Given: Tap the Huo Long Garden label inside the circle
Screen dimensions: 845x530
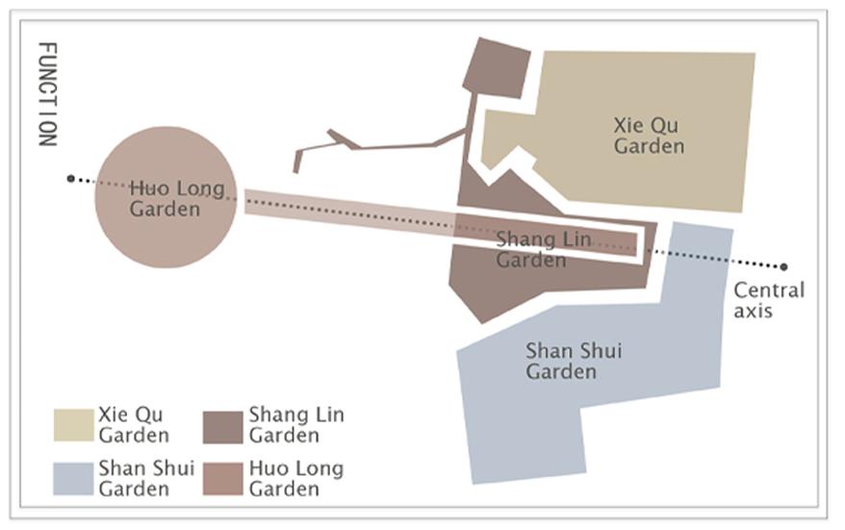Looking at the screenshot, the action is [165, 198].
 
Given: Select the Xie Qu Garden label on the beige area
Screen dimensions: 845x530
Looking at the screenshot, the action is [650, 136].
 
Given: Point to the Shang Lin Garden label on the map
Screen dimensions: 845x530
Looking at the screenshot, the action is [531, 249].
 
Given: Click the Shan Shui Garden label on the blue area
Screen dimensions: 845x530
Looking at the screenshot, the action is [574, 361].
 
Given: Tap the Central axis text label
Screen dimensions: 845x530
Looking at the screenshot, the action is [768, 300].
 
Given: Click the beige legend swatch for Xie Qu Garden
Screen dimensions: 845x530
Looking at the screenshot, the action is [73, 425].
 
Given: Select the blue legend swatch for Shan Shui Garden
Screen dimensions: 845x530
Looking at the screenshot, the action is [73, 478].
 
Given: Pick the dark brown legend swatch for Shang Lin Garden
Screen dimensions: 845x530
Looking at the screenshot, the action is [222, 425].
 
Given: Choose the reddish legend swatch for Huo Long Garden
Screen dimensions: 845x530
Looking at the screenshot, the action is [222, 478].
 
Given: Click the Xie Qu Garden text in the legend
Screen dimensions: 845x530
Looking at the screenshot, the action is [133, 425].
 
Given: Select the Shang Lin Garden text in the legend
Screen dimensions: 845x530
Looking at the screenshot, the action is [295, 425].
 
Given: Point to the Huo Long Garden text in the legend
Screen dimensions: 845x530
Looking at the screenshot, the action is [295, 478].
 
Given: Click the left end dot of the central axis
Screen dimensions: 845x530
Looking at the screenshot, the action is [70, 178].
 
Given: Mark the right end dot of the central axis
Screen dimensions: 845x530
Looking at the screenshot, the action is [784, 266].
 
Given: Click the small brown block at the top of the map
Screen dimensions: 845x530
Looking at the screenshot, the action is [498, 67].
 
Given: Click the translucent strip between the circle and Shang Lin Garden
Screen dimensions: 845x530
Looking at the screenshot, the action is [346, 213].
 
